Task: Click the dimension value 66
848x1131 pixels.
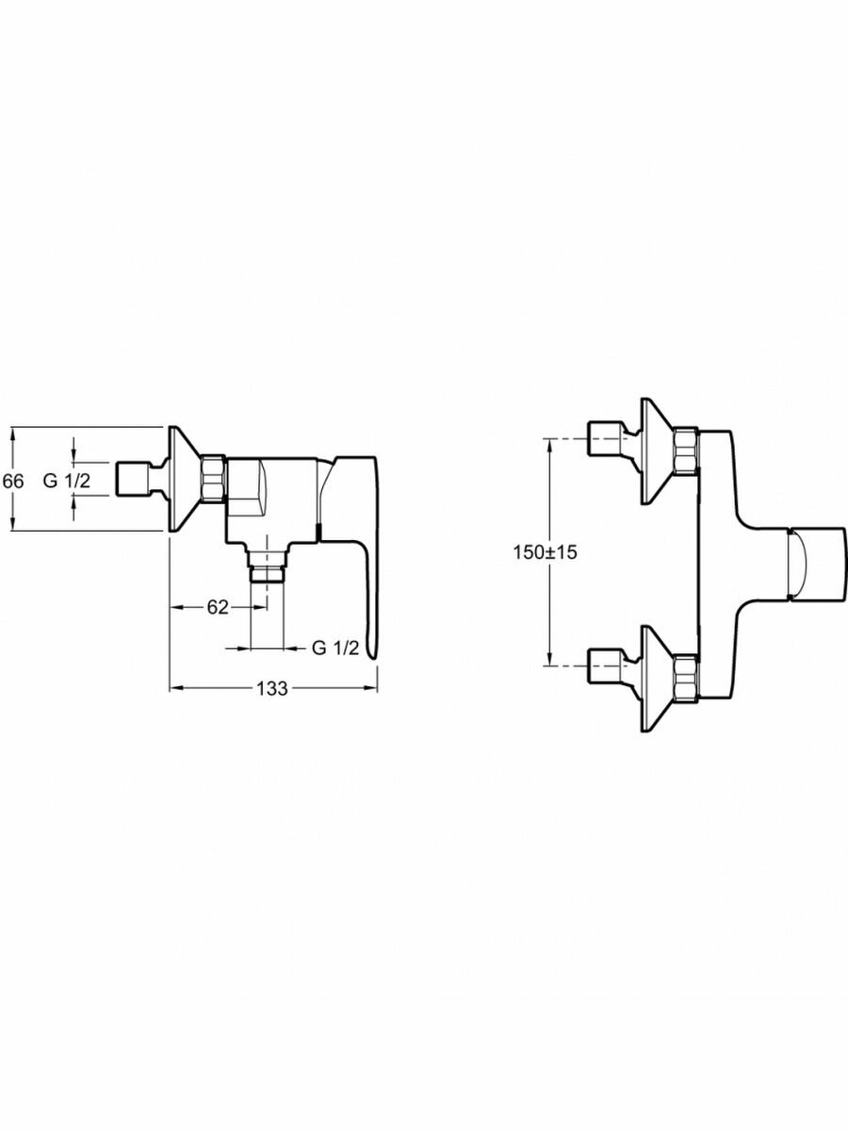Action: click(x=12, y=480)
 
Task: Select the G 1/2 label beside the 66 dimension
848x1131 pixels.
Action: click(x=67, y=480)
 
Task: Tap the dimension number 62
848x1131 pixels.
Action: click(x=218, y=607)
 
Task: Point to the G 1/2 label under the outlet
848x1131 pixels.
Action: click(x=334, y=647)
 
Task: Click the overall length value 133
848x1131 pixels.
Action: click(x=271, y=688)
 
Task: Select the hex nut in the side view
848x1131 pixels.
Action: click(x=214, y=480)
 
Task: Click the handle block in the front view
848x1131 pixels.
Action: click(x=818, y=565)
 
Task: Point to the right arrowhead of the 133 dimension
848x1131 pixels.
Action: click(x=372, y=688)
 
